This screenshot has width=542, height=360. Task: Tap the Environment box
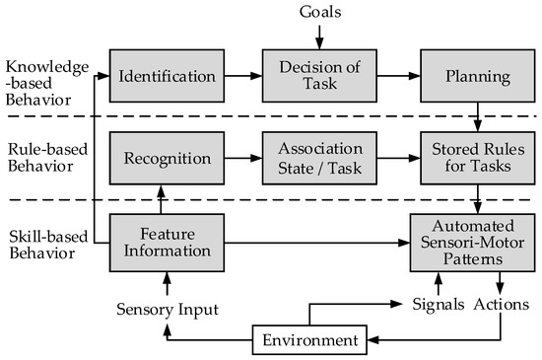[x=308, y=341]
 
